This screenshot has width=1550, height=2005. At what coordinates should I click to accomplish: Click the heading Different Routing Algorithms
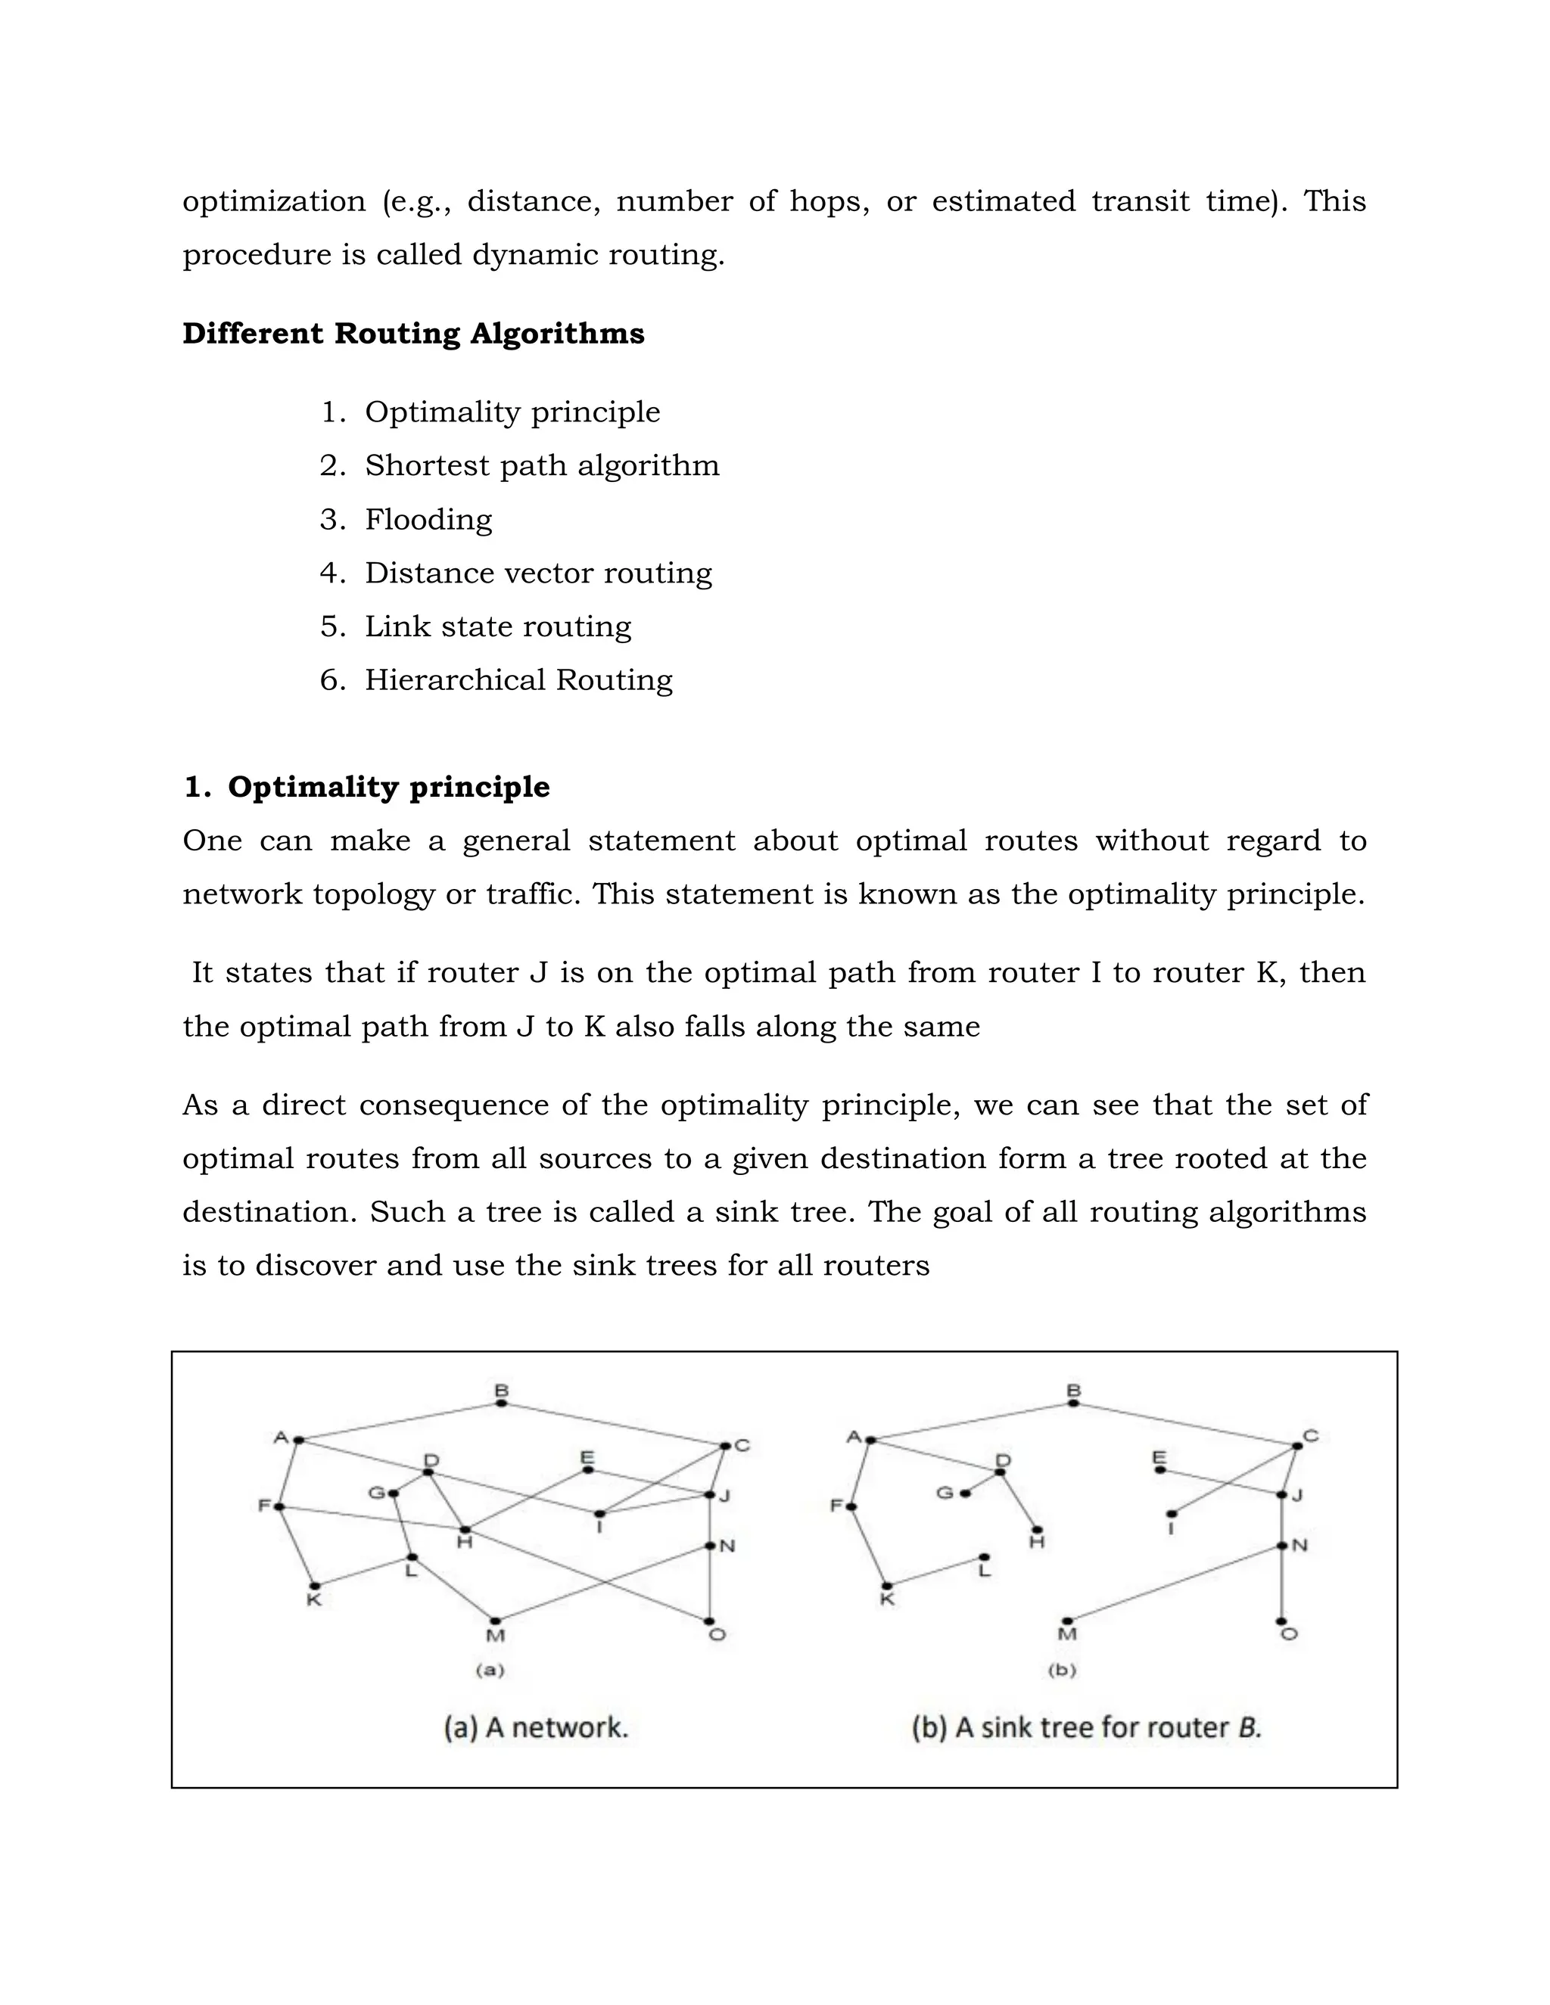point(413,333)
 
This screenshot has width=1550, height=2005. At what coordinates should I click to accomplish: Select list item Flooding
point(428,520)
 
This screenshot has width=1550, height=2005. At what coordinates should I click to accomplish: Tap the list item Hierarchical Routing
point(518,680)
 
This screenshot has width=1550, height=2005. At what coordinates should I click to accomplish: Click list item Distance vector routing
point(538,573)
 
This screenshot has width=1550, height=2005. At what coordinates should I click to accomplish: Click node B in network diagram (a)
point(501,1403)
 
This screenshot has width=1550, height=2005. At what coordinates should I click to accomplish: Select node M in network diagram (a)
point(495,1621)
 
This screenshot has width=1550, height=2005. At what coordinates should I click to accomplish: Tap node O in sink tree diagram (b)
point(1282,1621)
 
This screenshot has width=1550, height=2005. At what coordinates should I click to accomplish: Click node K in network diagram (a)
point(314,1585)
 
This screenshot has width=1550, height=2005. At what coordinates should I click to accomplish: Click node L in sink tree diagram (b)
point(985,1557)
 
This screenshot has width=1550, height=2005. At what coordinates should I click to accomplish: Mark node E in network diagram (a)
point(587,1470)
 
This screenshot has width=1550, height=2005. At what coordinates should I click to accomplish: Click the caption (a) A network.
point(537,1728)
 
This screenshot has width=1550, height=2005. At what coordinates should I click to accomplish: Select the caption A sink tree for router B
point(1086,1728)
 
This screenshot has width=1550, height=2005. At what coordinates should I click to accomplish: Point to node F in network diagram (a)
point(279,1506)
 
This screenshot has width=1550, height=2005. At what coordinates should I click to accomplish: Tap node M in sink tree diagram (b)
point(1067,1621)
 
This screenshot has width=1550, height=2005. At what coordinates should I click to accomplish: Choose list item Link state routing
point(498,627)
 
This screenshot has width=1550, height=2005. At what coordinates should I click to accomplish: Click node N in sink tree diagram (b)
point(1282,1546)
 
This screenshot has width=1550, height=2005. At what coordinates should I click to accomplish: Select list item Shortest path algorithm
point(542,466)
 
